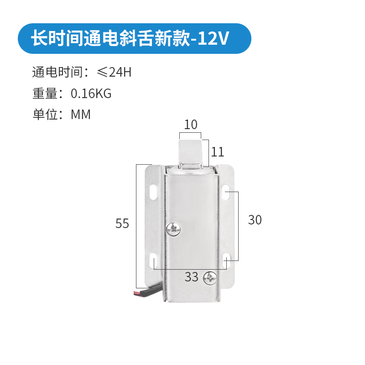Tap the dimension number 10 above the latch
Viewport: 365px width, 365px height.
(191, 124)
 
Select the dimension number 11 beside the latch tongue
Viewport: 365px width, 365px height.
(218, 151)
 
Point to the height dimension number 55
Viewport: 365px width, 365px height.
(122, 224)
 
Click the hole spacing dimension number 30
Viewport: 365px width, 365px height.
(255, 220)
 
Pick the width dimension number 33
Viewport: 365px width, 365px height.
(192, 276)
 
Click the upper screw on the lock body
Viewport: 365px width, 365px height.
(174, 229)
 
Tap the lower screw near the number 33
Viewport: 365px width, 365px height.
(211, 277)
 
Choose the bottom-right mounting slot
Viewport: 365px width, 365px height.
(226, 261)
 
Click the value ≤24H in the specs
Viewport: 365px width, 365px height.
(114, 72)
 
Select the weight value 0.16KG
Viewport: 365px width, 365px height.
(91, 94)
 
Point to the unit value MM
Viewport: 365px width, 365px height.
(81, 115)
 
